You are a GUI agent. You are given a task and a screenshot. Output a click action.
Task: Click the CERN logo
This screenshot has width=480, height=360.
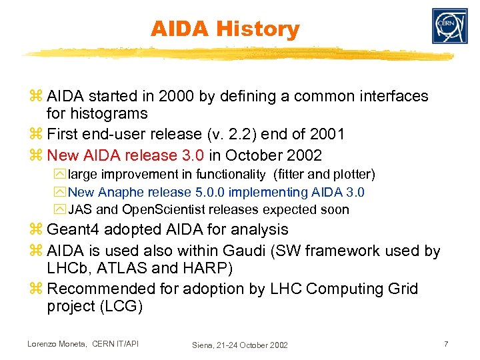(449, 27)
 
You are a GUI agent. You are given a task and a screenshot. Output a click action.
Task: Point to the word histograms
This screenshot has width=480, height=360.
(97, 113)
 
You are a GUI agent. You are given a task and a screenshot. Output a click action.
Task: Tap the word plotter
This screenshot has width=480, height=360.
(351, 175)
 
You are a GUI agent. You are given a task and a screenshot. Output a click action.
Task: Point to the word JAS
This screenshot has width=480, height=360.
(79, 209)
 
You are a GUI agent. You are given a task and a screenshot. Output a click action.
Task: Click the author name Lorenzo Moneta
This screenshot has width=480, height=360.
(55, 344)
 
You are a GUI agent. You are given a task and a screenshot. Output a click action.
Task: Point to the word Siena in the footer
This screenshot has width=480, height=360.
(204, 345)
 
